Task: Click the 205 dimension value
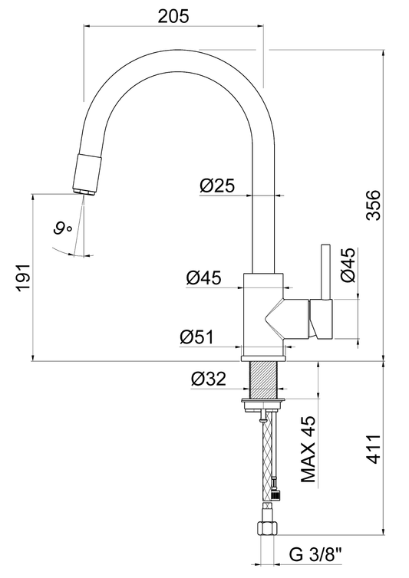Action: pyautogui.click(x=173, y=16)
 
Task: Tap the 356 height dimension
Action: pyautogui.click(x=373, y=205)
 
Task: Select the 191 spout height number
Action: pyautogui.click(x=24, y=278)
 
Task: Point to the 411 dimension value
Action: pyautogui.click(x=374, y=448)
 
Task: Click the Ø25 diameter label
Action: pyautogui.click(x=217, y=186)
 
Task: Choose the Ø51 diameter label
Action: pyautogui.click(x=196, y=337)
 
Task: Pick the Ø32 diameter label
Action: pyautogui.click(x=208, y=379)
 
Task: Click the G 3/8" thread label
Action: pyautogui.click(x=316, y=554)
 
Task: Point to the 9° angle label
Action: pyautogui.click(x=63, y=228)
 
